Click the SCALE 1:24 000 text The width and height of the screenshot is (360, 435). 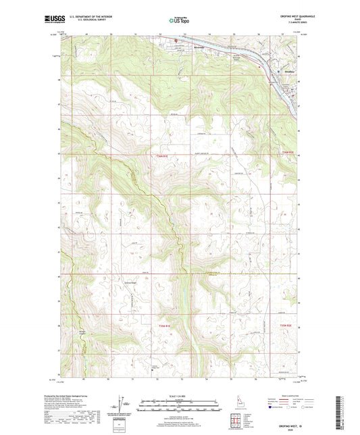(180, 396)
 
